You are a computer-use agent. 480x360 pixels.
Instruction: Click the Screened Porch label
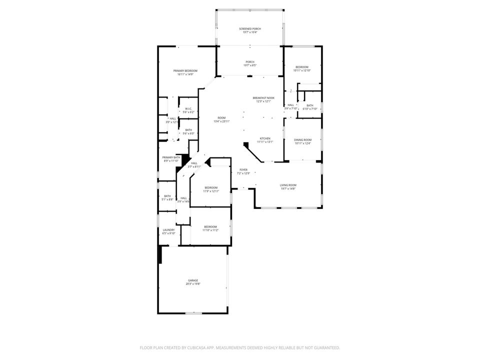click(249, 29)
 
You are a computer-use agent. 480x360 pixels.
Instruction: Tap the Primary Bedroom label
click(185, 71)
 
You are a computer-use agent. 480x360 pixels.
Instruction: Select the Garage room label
click(193, 280)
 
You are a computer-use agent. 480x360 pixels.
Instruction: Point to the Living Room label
click(287, 185)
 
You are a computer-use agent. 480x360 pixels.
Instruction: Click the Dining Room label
click(303, 140)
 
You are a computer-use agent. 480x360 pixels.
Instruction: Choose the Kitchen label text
click(264, 138)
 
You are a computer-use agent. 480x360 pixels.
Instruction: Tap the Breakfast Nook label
click(263, 98)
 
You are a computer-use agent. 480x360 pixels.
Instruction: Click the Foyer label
click(243, 170)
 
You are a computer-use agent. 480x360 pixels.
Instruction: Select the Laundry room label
click(168, 230)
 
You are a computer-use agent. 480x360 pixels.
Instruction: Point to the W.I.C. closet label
click(188, 109)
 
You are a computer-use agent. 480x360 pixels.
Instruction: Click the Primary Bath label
click(171, 157)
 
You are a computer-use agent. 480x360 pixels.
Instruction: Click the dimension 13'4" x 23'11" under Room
click(221, 121)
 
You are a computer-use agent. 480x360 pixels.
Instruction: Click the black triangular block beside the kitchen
click(246, 145)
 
